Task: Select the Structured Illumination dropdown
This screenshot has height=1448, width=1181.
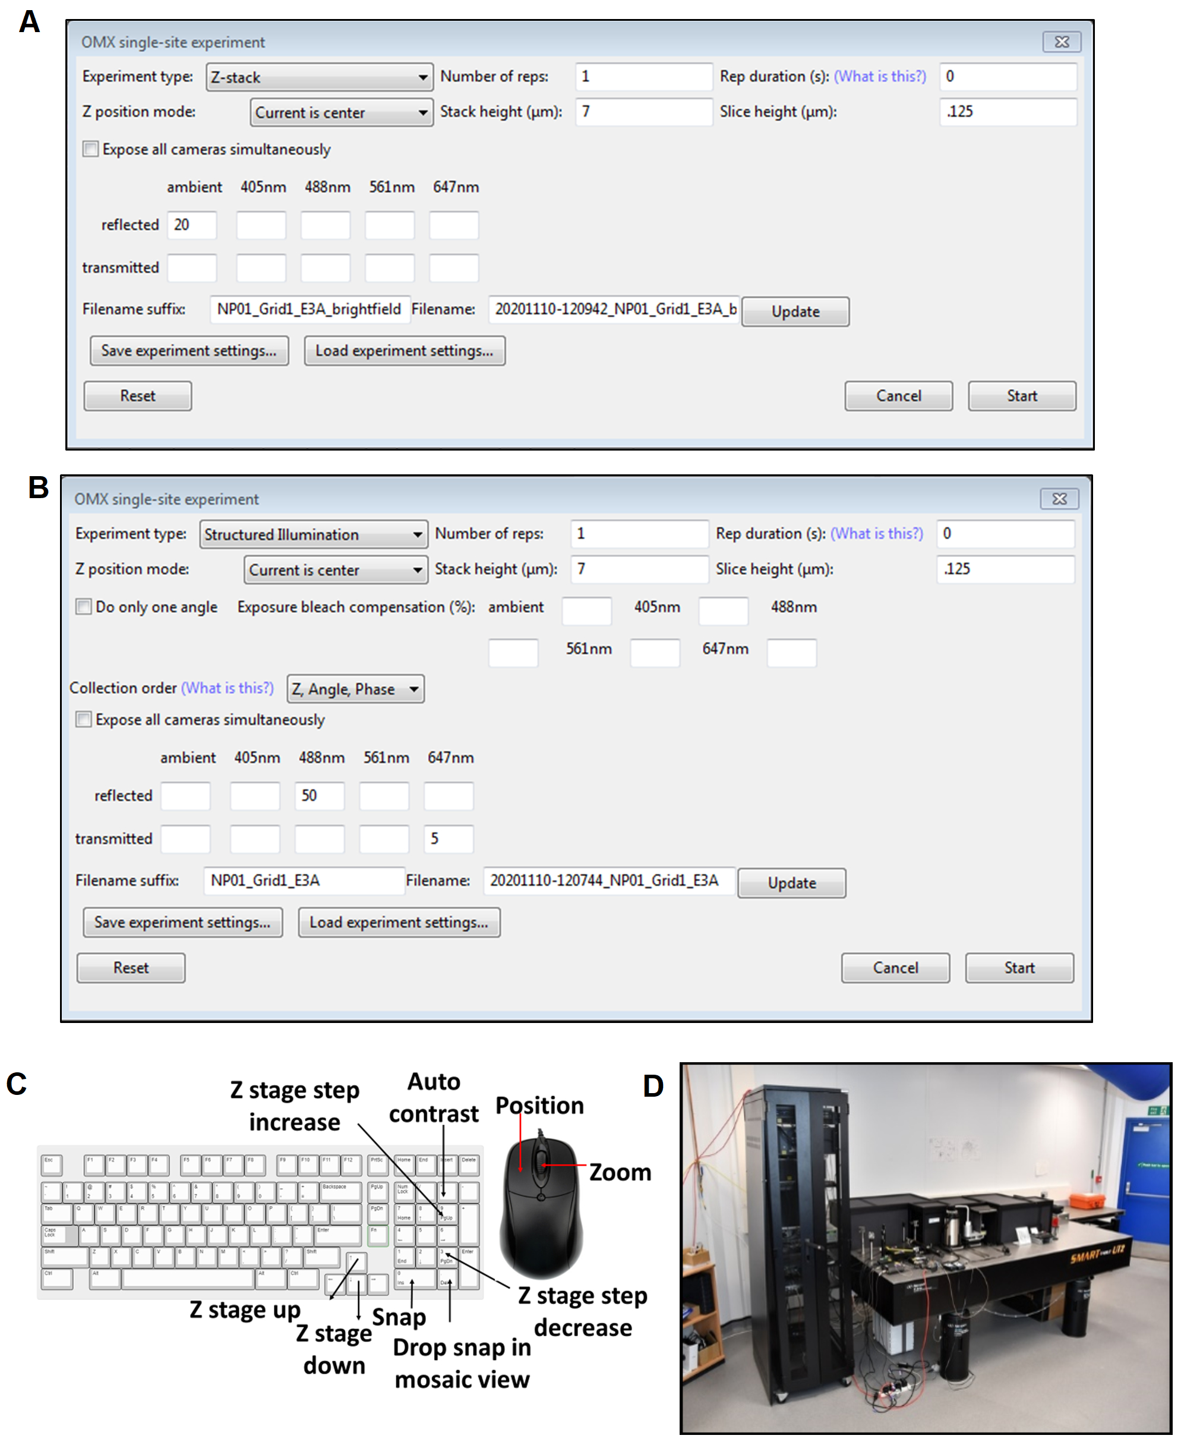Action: (x=314, y=534)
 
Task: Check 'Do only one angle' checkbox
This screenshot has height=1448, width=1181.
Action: (x=84, y=606)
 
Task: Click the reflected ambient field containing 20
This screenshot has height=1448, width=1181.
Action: (x=192, y=225)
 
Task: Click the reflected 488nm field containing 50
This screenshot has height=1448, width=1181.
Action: (x=319, y=796)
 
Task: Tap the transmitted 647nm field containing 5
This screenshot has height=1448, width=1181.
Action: (x=449, y=839)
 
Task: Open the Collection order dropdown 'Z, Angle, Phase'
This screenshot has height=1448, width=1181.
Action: (x=355, y=689)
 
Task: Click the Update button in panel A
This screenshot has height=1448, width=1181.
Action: (x=795, y=312)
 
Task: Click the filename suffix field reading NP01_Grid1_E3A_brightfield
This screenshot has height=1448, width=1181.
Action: (x=310, y=309)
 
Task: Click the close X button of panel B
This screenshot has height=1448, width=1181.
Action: (x=1059, y=499)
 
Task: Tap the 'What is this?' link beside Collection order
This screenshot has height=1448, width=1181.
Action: (x=227, y=688)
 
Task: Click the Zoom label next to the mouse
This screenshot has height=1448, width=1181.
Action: (x=620, y=1172)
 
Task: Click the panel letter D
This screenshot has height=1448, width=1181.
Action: (x=653, y=1086)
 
